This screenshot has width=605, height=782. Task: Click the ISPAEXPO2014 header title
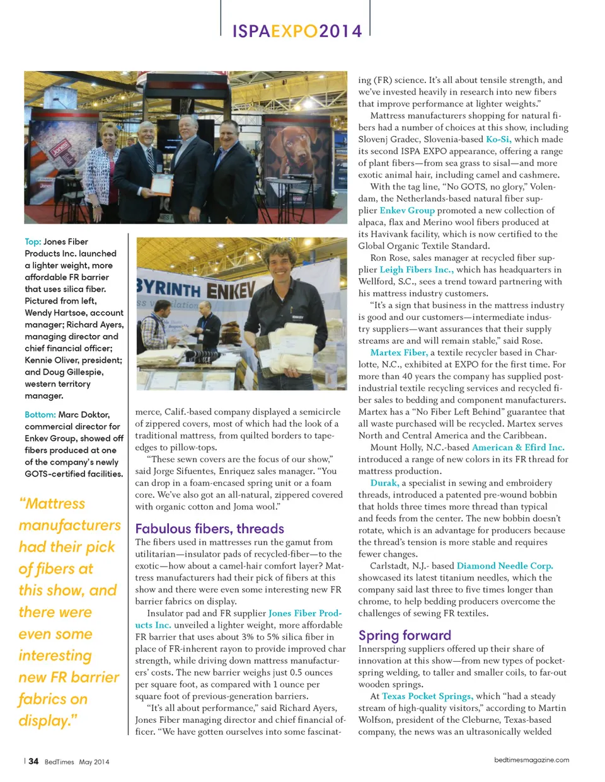click(297, 31)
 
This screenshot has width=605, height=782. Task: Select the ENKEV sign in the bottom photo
click(231, 291)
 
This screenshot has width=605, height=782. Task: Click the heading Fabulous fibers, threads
click(209, 529)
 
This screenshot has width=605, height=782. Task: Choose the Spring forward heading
click(405, 635)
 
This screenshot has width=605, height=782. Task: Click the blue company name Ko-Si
click(497, 139)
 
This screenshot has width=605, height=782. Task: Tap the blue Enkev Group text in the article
click(406, 210)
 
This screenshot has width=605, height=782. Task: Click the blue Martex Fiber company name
click(399, 353)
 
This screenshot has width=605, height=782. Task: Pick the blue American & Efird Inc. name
click(518, 447)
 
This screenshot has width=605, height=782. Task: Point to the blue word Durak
click(384, 483)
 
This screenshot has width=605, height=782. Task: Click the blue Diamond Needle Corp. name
click(504, 566)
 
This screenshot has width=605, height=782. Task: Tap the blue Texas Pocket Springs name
click(427, 696)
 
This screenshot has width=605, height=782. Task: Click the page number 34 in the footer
click(33, 761)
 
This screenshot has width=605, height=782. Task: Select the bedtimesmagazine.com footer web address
click(531, 760)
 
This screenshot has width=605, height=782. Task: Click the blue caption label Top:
click(33, 242)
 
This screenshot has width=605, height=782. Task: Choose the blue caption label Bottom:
click(40, 415)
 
